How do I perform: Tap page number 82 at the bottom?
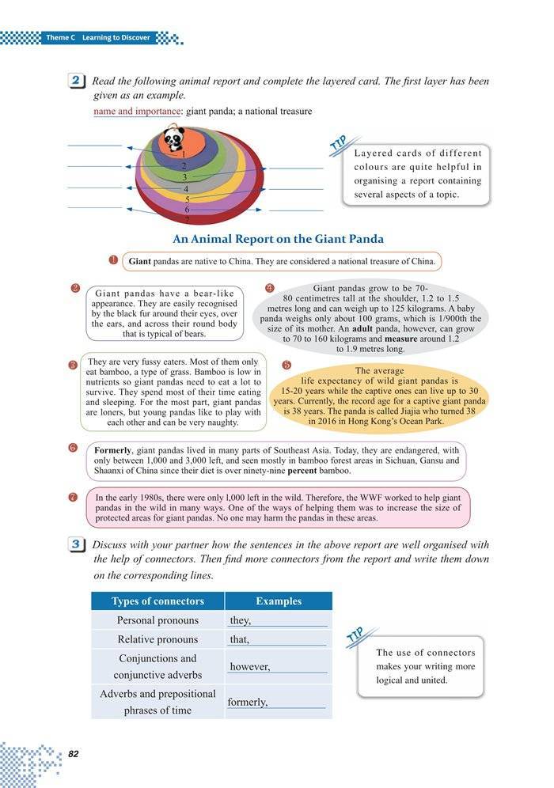74,752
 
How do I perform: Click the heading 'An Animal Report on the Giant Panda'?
278,238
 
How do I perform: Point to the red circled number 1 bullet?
114,260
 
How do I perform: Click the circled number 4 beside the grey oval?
269,287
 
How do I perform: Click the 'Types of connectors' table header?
157,600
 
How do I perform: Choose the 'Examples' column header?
279,600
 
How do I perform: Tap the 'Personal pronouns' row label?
157,620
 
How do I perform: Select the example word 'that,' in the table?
239,639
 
